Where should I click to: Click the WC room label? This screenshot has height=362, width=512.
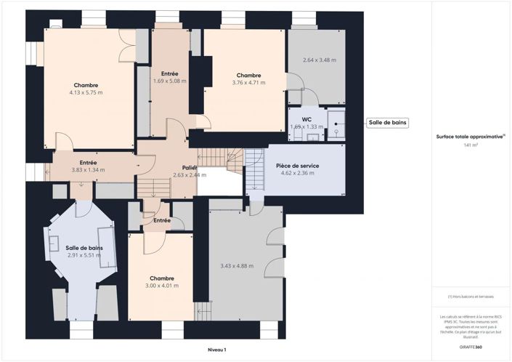tap(306, 118)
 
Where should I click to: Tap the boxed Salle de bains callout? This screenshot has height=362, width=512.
tap(387, 123)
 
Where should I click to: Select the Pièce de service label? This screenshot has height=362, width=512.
tap(297, 166)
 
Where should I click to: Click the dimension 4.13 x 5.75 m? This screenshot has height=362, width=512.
tap(86, 93)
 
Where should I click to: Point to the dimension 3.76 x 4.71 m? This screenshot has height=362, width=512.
tap(248, 83)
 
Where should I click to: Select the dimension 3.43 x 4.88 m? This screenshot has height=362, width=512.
tap(237, 266)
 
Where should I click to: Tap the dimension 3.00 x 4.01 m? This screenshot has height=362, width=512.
tap(161, 286)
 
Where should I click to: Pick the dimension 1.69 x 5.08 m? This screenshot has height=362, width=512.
tap(169, 81)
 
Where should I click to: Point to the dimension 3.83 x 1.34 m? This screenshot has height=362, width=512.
tap(88, 170)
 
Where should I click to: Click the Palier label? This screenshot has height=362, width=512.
tap(190, 167)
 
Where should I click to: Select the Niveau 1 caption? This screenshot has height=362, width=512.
tap(216, 350)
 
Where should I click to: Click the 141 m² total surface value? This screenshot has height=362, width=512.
tap(471, 145)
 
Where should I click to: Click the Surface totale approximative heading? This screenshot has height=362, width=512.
tap(470, 136)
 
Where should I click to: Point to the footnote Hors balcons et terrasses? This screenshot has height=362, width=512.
tap(471, 297)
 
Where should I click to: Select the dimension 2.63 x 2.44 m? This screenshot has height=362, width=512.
tap(189, 175)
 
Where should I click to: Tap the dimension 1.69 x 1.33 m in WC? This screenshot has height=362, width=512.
tap(306, 126)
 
